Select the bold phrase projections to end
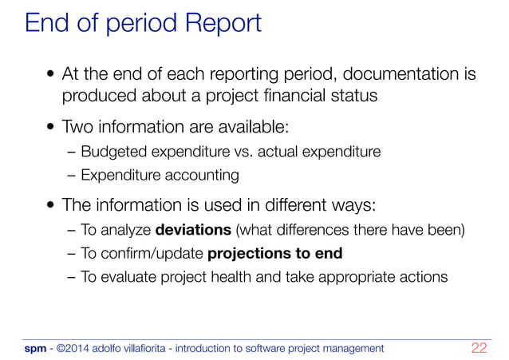[x=274, y=255]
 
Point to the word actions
[x=422, y=278]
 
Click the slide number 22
[x=479, y=348]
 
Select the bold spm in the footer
[x=35, y=349]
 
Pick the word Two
[x=77, y=127]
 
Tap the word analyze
[x=124, y=232]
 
